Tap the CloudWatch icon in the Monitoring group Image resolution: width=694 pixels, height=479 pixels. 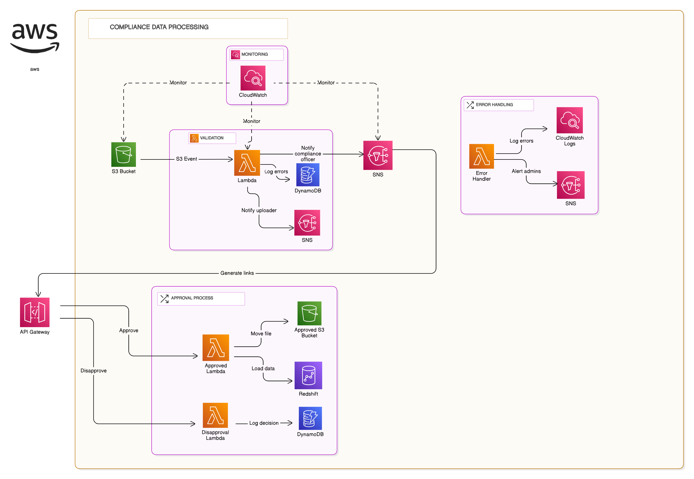click(253, 78)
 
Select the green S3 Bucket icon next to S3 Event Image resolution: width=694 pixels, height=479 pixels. click(123, 155)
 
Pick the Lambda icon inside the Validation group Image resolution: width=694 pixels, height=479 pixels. click(247, 163)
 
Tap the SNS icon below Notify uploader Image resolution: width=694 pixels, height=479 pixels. click(307, 223)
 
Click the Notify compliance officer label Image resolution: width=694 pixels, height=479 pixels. click(308, 154)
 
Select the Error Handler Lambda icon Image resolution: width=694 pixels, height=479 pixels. click(481, 156)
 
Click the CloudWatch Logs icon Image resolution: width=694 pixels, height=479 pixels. click(569, 120)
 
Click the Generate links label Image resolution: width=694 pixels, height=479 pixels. click(237, 273)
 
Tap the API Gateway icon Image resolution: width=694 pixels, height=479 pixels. click(35, 312)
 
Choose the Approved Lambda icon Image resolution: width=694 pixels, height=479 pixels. click(216, 348)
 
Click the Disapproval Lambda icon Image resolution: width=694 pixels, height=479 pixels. click(215, 415)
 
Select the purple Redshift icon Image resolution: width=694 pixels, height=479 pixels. click(308, 375)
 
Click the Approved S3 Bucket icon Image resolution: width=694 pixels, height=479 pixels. click(309, 313)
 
